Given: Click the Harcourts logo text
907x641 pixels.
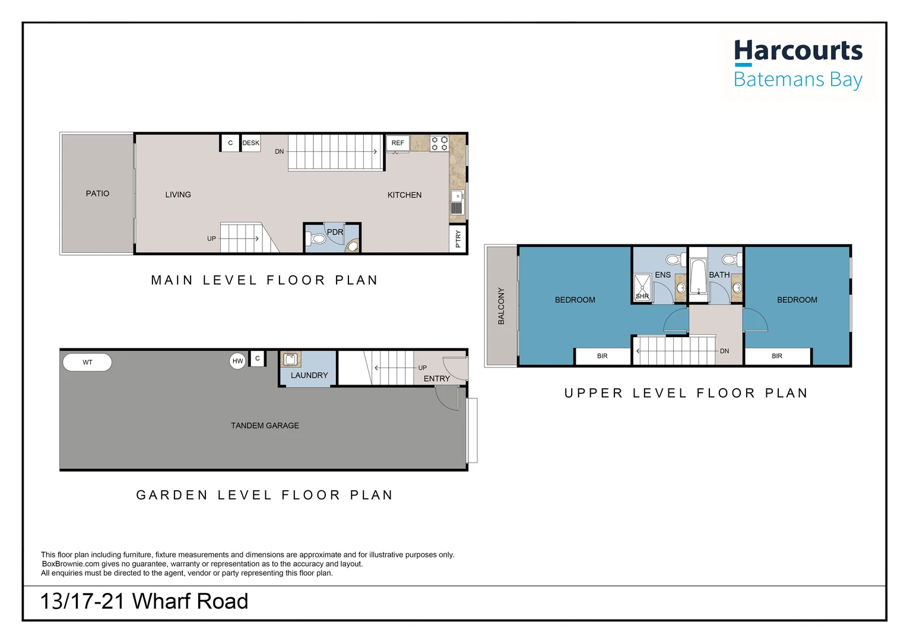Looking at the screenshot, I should pos(798,51).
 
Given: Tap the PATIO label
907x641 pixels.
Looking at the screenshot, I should pos(97,193).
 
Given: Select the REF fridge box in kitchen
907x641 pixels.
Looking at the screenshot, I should pos(398,143).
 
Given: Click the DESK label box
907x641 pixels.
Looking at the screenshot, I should pos(250,143).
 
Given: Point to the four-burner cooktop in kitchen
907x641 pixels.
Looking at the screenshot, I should pos(439,144).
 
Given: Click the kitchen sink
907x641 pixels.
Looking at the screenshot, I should pos(457,202).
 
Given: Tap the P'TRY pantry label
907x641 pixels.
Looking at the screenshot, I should pos(458,239).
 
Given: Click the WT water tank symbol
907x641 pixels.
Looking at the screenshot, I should pos(87,362).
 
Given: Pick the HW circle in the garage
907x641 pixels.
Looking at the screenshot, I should pos(237,361).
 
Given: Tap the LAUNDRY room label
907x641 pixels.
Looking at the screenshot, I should pos(309,375).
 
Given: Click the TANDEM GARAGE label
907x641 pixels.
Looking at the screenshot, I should pos(265,426).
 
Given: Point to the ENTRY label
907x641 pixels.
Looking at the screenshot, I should pos(436,379).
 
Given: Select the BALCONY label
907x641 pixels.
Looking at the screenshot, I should pos(501,306).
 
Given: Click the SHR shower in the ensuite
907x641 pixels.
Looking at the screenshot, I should pos(642,287).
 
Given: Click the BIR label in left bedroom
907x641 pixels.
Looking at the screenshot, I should pos(602,356).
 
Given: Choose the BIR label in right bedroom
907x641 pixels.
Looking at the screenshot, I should pos(776,356).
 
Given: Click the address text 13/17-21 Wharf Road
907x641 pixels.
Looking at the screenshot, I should pos(144,601).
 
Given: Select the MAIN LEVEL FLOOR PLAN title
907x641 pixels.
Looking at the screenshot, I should pos(264,280).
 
